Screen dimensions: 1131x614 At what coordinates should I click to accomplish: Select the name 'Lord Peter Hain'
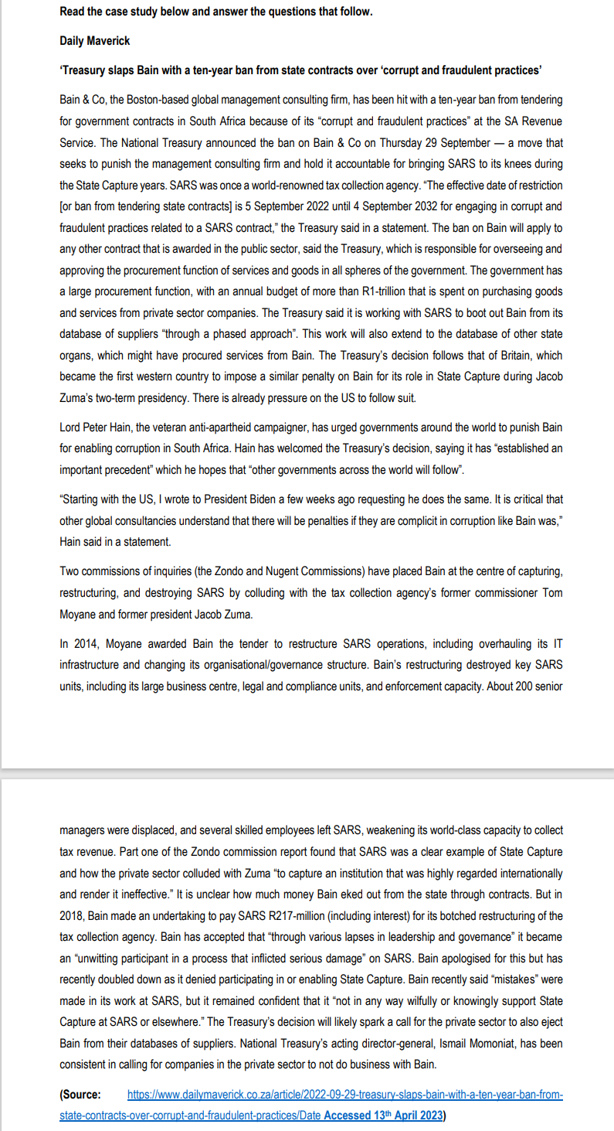(97, 428)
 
